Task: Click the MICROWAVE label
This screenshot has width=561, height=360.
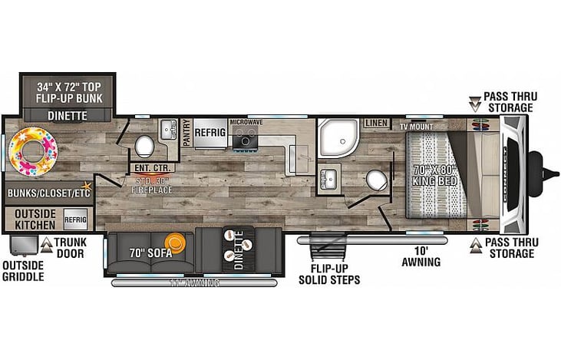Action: (246, 122)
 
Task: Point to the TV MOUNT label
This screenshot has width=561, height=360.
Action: (416, 126)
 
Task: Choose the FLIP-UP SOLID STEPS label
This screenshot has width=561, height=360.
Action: (326, 273)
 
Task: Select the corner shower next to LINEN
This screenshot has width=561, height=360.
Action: (335, 137)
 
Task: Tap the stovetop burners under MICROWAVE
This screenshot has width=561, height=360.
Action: (246, 138)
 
